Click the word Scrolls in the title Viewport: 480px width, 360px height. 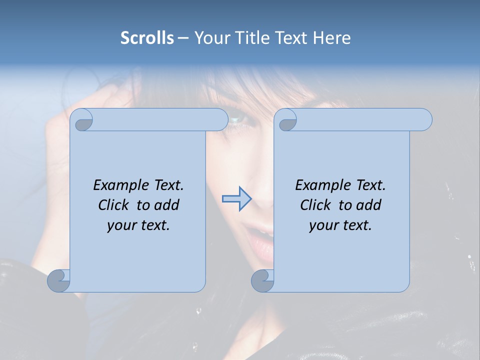coord(147,38)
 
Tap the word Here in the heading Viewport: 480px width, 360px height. coord(332,38)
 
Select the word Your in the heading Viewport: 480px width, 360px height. coord(211,38)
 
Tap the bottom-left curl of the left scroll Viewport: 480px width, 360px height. coord(59,280)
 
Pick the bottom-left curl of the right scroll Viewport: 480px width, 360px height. coord(262,280)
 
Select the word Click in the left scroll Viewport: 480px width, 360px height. coord(114,205)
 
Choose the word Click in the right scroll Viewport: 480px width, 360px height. coord(315,205)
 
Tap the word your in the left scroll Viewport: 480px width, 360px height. coord(121,225)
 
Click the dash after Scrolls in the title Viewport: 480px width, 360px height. coord(183,38)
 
